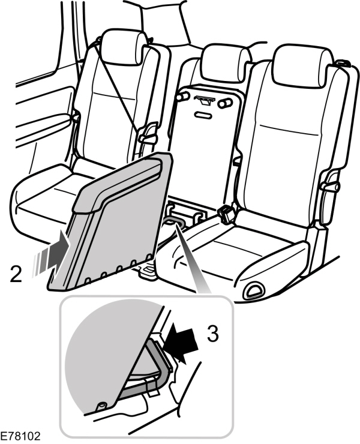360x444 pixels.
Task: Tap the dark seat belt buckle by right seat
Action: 226,213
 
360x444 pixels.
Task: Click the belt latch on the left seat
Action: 147,136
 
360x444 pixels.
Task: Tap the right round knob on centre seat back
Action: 225,104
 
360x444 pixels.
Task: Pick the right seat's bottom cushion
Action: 252,246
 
